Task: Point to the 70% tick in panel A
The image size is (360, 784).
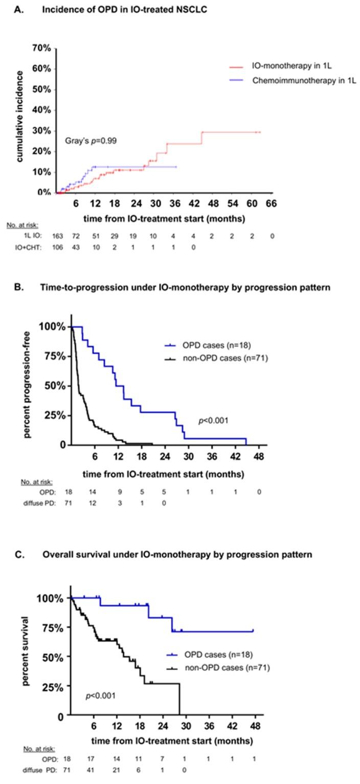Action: click(41, 49)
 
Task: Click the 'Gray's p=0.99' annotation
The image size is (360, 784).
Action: click(91, 140)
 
